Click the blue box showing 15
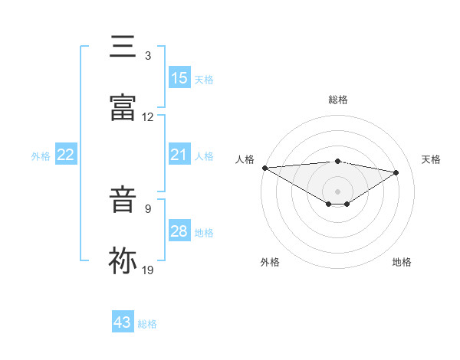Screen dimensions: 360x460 click(179, 78)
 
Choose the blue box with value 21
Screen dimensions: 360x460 click(179, 155)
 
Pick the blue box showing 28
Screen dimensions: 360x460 click(179, 231)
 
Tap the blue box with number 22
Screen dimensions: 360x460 click(66, 155)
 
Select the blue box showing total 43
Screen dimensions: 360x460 click(123, 322)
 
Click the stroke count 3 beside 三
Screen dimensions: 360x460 click(148, 56)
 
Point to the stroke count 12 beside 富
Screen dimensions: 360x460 click(148, 117)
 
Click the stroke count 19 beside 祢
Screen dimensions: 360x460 click(148, 270)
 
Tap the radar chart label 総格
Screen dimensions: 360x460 click(338, 100)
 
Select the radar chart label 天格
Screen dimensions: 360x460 click(432, 159)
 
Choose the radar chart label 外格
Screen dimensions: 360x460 click(270, 262)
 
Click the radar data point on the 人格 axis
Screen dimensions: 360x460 click(264, 168)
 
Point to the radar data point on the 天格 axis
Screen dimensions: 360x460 click(396, 172)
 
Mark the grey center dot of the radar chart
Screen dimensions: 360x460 click(338, 191)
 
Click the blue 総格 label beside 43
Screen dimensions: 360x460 click(147, 324)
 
